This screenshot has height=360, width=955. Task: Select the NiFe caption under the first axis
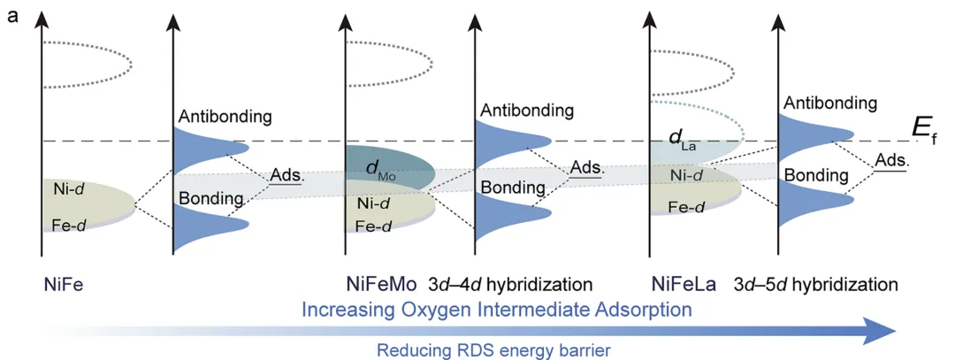64,285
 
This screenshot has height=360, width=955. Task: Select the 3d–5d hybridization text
816,285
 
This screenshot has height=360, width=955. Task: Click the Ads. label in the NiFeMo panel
585,167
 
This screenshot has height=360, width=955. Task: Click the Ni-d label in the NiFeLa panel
685,176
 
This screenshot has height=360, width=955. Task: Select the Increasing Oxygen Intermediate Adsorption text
495,310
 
